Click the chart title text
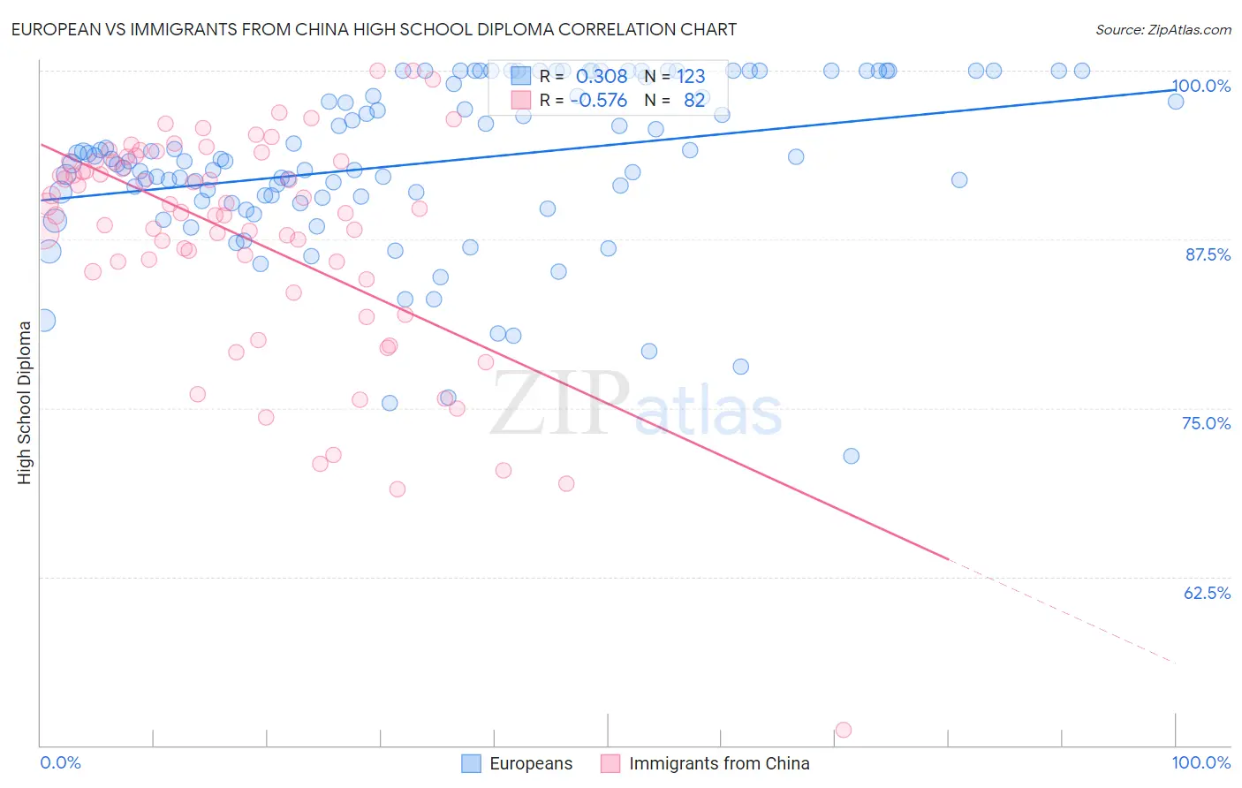click(x=374, y=30)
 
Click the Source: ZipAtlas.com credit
click(x=1162, y=30)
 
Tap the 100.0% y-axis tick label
click(x=1200, y=86)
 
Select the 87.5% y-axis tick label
click(x=1208, y=254)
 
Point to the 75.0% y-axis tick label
click(x=1206, y=423)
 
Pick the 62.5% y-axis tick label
click(x=1207, y=593)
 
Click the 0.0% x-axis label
click(x=60, y=762)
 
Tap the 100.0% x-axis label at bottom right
click(x=1200, y=762)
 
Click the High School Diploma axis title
click(x=25, y=402)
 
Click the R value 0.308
click(x=602, y=77)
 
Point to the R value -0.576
click(x=599, y=101)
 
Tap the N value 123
click(x=691, y=77)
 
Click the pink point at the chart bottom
click(x=844, y=730)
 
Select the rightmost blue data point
click(x=1176, y=102)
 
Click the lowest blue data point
click(x=852, y=456)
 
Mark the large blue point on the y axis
click(x=42, y=321)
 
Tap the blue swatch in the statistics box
click(x=521, y=77)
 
